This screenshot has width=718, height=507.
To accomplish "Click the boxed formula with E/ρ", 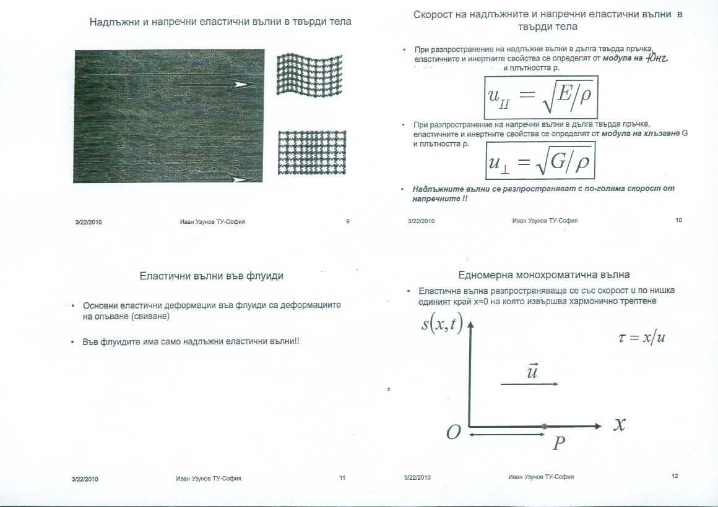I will click(541, 97).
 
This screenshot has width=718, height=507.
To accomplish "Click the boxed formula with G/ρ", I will click(540, 161).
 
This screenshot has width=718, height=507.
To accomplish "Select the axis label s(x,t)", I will click(442, 324).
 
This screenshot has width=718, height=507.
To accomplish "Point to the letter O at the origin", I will click(454, 433).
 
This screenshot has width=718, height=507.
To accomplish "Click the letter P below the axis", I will click(559, 443).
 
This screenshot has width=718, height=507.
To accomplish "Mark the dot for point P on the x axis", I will click(544, 426).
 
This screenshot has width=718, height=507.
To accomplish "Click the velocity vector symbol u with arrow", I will click(531, 372).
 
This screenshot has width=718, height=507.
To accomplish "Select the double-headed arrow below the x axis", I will click(497, 436).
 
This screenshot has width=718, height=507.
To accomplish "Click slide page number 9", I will click(348, 221).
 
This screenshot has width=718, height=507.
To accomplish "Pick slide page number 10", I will click(678, 220).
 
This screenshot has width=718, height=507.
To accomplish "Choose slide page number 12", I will click(675, 476).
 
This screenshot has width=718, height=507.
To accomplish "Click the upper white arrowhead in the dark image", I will click(241, 84).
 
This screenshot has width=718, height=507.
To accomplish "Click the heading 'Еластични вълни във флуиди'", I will click(211, 276).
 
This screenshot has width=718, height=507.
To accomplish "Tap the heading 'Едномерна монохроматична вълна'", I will click(544, 275).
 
